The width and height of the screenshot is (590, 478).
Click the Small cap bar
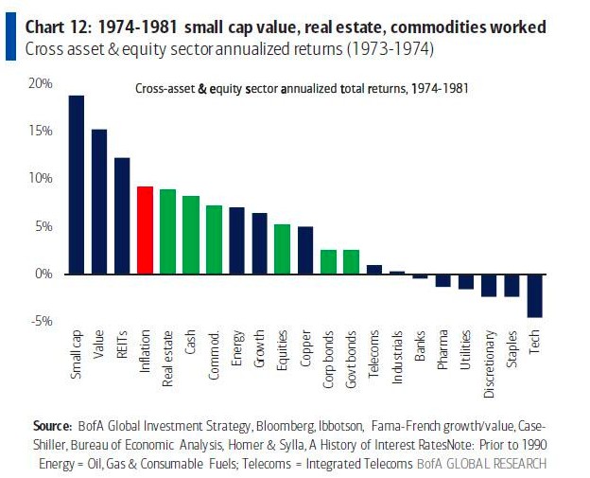tap(77, 185)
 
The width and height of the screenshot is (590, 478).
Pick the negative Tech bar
tap(535, 295)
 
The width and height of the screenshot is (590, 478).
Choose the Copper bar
tap(305, 250)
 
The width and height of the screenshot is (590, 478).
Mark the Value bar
tap(99, 202)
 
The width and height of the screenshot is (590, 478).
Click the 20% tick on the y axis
tap(41, 83)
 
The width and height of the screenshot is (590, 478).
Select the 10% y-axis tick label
tap(41, 179)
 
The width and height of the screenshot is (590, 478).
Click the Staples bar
tap(512, 285)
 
